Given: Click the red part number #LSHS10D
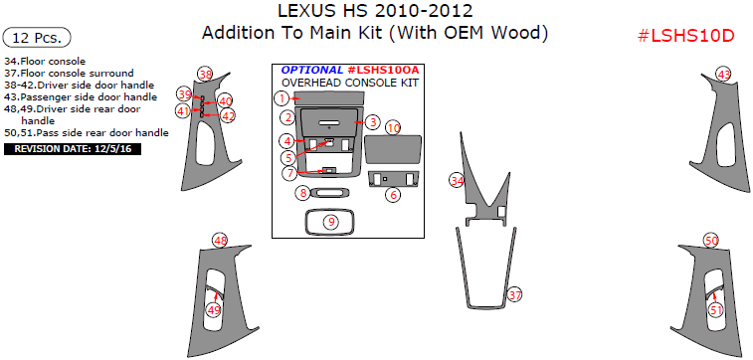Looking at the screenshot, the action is [x=685, y=36].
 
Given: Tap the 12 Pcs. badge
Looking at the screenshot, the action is [x=37, y=38].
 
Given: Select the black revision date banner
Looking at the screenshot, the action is [x=73, y=149].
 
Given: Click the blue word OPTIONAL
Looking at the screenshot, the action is [x=312, y=70].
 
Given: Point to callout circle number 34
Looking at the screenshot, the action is [x=457, y=180].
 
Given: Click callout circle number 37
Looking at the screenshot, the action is [x=515, y=294].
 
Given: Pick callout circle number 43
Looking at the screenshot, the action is [x=724, y=75].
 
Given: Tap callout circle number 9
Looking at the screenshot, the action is [x=331, y=222].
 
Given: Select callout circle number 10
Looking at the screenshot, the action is [x=394, y=128].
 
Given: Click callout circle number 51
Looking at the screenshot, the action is [x=716, y=310].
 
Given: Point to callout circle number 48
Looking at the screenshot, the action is [x=221, y=241].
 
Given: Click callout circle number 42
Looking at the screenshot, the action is [x=228, y=115].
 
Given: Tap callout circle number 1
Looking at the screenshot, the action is [x=282, y=98].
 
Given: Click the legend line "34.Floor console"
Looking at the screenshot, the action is [x=45, y=62].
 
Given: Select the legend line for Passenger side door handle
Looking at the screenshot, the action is [x=81, y=97].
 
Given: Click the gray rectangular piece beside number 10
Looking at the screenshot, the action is [x=393, y=150].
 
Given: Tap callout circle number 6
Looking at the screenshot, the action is [x=393, y=194].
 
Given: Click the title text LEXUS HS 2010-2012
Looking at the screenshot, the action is [x=375, y=11].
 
